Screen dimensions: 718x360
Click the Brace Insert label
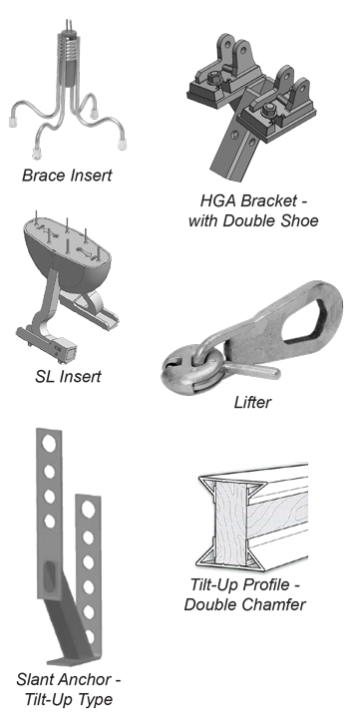click(x=68, y=177)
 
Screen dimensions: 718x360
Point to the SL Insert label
click(x=67, y=377)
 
